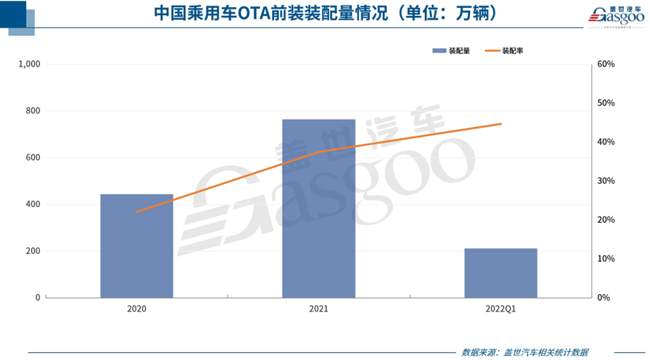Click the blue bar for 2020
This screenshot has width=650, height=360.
click(x=136, y=246)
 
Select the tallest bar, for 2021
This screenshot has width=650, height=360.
click(x=319, y=209)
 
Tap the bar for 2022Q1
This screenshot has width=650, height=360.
click(x=500, y=273)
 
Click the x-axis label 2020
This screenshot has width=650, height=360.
click(x=136, y=308)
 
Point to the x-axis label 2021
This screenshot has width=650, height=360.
click(x=319, y=308)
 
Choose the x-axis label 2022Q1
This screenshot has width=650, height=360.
click(x=500, y=308)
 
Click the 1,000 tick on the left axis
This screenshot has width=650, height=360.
click(x=29, y=64)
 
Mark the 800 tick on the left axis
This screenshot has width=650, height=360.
click(x=32, y=111)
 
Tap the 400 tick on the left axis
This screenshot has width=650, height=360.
click(x=32, y=205)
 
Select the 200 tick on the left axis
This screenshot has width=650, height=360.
click(x=32, y=251)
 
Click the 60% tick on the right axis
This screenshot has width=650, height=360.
click(x=606, y=64)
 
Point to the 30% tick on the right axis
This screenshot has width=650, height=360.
click(x=606, y=181)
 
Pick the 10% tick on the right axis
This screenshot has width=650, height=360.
click(x=606, y=259)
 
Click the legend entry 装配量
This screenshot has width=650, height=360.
click(x=451, y=51)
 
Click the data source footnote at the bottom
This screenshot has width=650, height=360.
click(x=524, y=351)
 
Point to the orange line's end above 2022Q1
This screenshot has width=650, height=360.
click(x=501, y=124)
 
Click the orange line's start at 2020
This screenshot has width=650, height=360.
click(x=136, y=212)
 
